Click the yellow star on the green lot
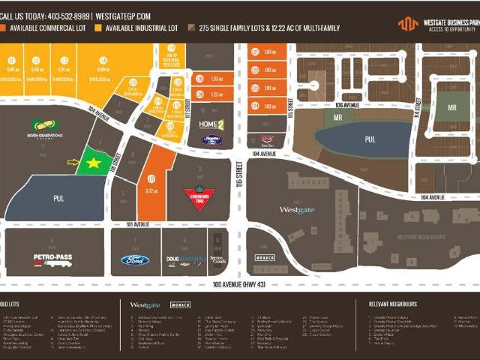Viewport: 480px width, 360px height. click(93, 162)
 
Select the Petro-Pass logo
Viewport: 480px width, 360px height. click(52, 259)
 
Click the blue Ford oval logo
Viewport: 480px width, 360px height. click(135, 260)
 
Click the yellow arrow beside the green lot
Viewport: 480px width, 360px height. click(73, 161)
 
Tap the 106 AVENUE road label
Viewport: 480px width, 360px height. click(343, 106)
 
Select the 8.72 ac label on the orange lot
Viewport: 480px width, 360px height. click(151, 191)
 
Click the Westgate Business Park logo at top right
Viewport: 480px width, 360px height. click(437, 23)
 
